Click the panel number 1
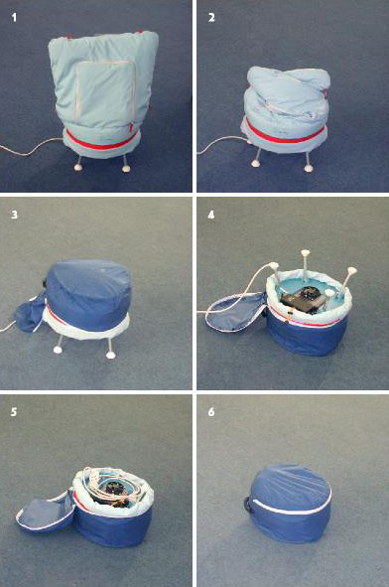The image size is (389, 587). click(x=14, y=17)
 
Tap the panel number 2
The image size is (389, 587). click(x=211, y=17)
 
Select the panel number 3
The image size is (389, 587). click(x=14, y=215)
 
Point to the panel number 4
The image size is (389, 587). click(x=211, y=215)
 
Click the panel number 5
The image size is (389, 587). click(x=14, y=412)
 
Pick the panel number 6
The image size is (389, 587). click(x=211, y=412)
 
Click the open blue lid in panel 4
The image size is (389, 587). click(x=235, y=312)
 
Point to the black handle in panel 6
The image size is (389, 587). click(x=249, y=504)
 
